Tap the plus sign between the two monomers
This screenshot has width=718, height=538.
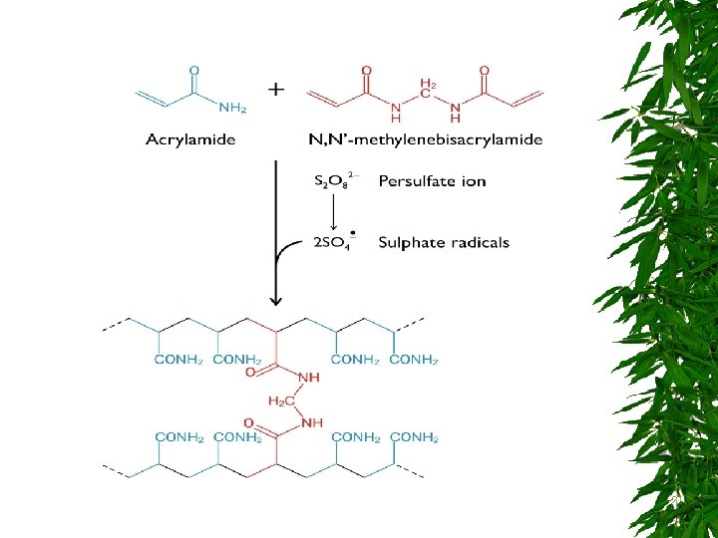pos(276,89)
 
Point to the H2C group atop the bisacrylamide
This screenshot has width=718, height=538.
pos(428,85)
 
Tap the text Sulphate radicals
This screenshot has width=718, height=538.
pos(444,242)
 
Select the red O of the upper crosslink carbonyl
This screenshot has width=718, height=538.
pos(250,373)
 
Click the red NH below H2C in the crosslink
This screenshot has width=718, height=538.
pos(313,422)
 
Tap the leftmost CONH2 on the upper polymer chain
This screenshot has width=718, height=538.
pos(179,360)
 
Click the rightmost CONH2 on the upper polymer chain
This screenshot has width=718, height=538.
pos(413,360)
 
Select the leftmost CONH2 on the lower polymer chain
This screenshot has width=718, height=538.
pos(179,436)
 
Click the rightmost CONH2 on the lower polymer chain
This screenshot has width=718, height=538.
pos(413,436)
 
